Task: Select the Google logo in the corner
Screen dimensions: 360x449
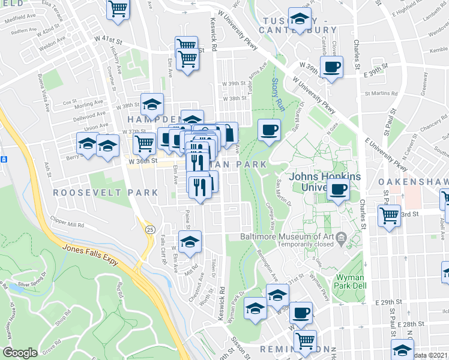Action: click(x=20, y=353)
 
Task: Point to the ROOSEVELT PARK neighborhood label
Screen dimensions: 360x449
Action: click(x=105, y=193)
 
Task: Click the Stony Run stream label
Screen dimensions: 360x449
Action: click(x=276, y=93)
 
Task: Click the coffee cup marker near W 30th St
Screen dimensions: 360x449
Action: click(x=301, y=313)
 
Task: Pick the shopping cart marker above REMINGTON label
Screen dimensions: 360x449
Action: click(x=306, y=340)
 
